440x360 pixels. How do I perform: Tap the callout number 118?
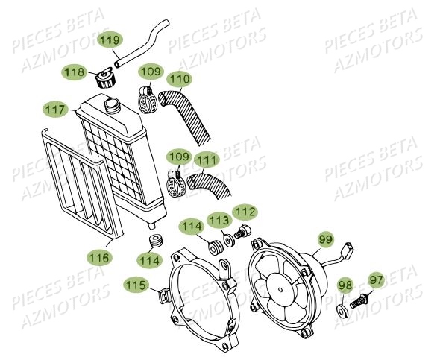(x=73, y=72)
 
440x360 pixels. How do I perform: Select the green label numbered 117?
(x=54, y=108)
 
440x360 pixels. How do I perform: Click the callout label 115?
(x=136, y=284)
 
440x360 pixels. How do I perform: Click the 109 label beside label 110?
(x=151, y=72)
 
